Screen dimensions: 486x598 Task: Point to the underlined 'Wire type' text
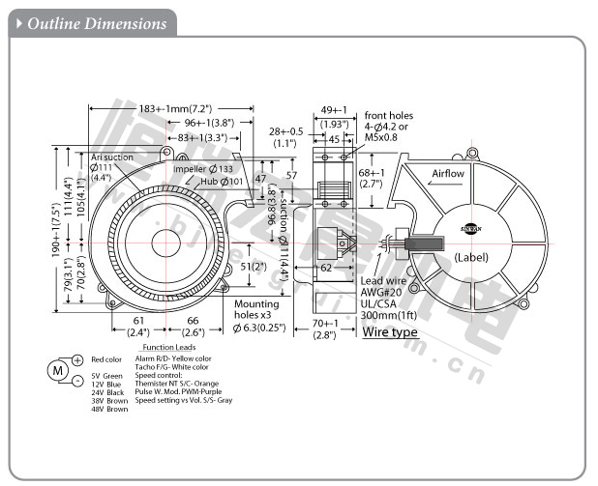(x=390, y=332)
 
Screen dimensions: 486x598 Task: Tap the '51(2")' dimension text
(x=253, y=266)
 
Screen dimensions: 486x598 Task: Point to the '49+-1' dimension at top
(x=335, y=109)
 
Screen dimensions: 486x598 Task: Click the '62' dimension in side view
(x=326, y=267)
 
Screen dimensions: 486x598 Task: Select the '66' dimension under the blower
(x=192, y=320)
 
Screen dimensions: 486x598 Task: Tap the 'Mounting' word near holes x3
(x=256, y=303)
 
